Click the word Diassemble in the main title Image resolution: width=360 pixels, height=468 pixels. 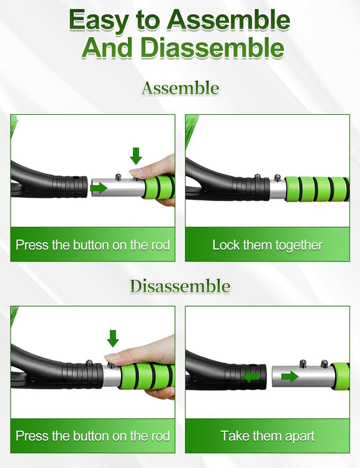point(212,48)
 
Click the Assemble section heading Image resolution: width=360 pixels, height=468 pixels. point(180,88)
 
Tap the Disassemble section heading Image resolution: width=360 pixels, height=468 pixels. point(180,286)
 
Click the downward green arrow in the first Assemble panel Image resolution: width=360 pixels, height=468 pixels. point(136,156)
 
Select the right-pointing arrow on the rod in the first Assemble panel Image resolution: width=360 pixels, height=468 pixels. point(99,188)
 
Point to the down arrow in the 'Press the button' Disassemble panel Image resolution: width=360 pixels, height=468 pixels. point(113,338)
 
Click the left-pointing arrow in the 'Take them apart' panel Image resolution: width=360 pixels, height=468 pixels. point(251,377)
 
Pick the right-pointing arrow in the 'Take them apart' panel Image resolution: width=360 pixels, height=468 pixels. point(290,377)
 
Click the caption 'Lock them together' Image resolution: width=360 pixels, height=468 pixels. point(268,245)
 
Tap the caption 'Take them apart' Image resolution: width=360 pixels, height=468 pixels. point(268,436)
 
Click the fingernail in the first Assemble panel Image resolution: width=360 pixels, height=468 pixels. point(137,171)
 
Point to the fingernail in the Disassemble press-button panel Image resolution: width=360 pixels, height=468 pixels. point(112,356)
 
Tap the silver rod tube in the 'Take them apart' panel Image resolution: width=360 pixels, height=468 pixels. point(302,377)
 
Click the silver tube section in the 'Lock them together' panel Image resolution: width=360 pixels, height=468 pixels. point(277,189)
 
